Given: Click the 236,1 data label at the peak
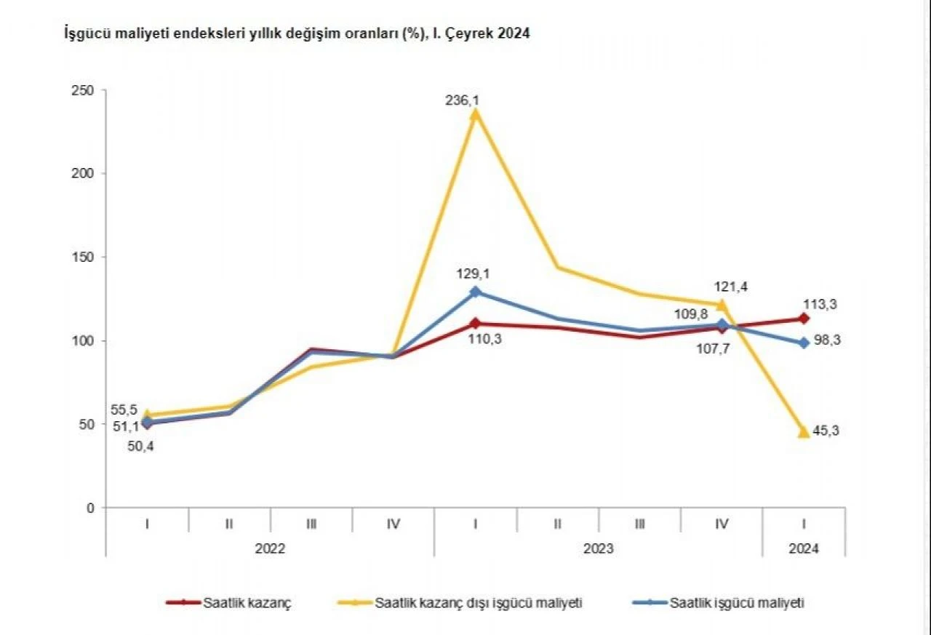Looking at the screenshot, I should (462, 100).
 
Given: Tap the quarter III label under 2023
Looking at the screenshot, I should (640, 523).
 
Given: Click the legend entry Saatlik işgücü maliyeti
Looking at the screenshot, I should (736, 603).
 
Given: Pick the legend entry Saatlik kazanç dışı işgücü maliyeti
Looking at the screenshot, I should (478, 603).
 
